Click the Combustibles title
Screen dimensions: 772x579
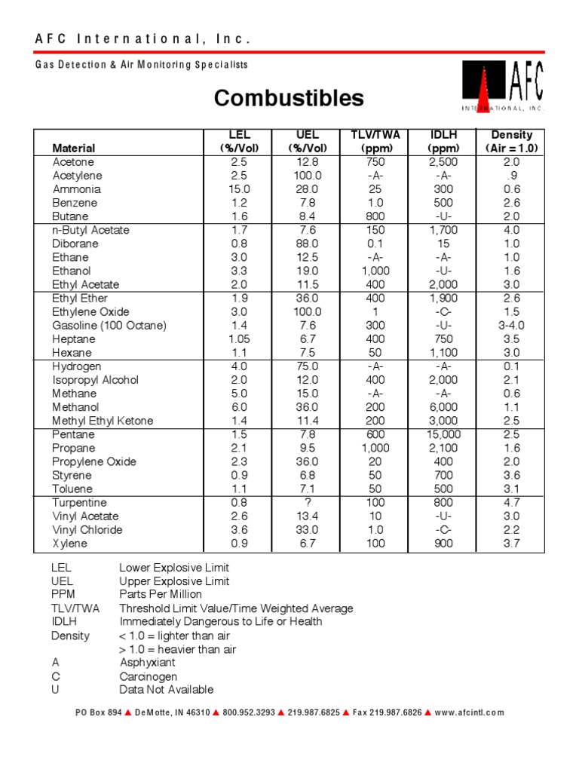[x=289, y=98]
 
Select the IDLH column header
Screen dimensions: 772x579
[x=443, y=141]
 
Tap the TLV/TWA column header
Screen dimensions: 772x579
[x=375, y=141]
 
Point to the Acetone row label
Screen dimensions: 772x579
[x=73, y=162]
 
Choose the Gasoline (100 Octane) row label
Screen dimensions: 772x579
[x=109, y=326]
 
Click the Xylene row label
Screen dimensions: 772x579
[x=70, y=544]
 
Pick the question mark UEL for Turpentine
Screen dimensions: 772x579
[x=307, y=503]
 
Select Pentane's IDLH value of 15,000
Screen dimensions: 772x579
[x=443, y=435]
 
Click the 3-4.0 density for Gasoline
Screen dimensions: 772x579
[x=512, y=326]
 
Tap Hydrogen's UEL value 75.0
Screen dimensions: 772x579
[x=307, y=366]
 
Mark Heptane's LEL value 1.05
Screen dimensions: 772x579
[x=240, y=339]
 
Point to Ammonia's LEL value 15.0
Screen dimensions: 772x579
[x=240, y=189]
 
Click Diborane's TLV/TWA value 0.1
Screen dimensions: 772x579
[x=375, y=244]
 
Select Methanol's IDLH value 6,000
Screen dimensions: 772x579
[x=443, y=407]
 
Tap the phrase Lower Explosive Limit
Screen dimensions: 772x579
[x=174, y=568]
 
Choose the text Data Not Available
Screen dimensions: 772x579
[x=167, y=690]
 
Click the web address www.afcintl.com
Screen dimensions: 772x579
[x=470, y=712]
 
